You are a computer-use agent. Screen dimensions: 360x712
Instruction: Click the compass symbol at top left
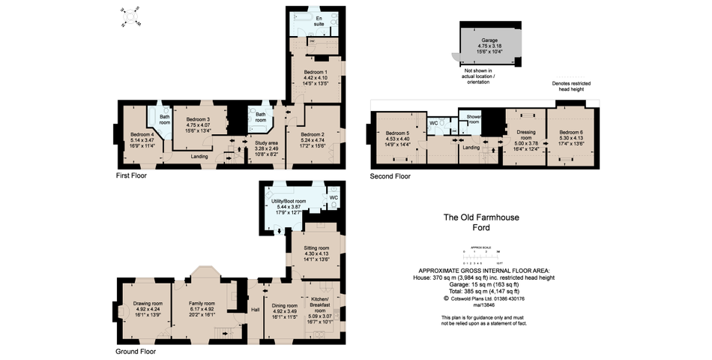click(x=132, y=15)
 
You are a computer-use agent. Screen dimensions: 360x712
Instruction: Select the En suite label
click(x=319, y=21)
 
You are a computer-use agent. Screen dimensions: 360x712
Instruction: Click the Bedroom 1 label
click(x=315, y=71)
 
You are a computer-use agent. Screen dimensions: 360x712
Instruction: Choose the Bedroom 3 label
click(x=198, y=119)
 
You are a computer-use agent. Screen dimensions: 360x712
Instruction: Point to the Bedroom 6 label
click(x=570, y=132)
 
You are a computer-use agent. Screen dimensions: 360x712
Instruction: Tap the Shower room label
click(x=473, y=118)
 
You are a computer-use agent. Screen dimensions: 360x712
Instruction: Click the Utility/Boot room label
click(x=289, y=201)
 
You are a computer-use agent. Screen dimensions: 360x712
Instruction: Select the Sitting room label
click(x=316, y=247)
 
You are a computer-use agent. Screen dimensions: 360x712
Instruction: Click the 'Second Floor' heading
click(x=390, y=177)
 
